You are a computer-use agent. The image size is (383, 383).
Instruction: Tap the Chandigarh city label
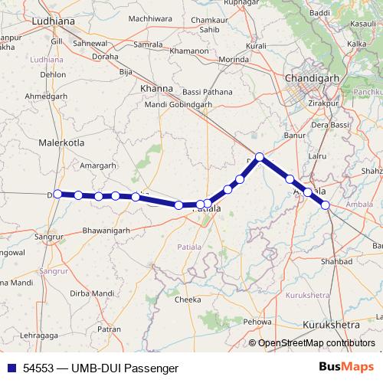pyautogui.click(x=309, y=78)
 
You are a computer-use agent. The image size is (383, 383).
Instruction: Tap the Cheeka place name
pyautogui.click(x=188, y=300)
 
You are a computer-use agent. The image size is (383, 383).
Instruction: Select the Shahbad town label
pyautogui.click(x=331, y=261)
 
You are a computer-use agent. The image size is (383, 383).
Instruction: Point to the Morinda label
pyautogui.click(x=235, y=59)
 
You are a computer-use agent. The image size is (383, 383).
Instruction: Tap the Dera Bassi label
pyautogui.click(x=330, y=124)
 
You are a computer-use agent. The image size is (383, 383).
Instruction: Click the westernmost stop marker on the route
pyautogui.click(x=57, y=194)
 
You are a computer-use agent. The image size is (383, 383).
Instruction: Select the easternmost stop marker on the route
pyautogui.click(x=326, y=205)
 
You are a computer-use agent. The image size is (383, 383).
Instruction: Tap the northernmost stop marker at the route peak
pyautogui.click(x=260, y=156)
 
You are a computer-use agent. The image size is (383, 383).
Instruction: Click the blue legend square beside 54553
pyautogui.click(x=10, y=368)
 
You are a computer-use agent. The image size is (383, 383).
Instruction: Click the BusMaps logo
pyautogui.click(x=347, y=367)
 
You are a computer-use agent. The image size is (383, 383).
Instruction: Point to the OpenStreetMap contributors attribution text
pyautogui.click(x=316, y=343)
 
